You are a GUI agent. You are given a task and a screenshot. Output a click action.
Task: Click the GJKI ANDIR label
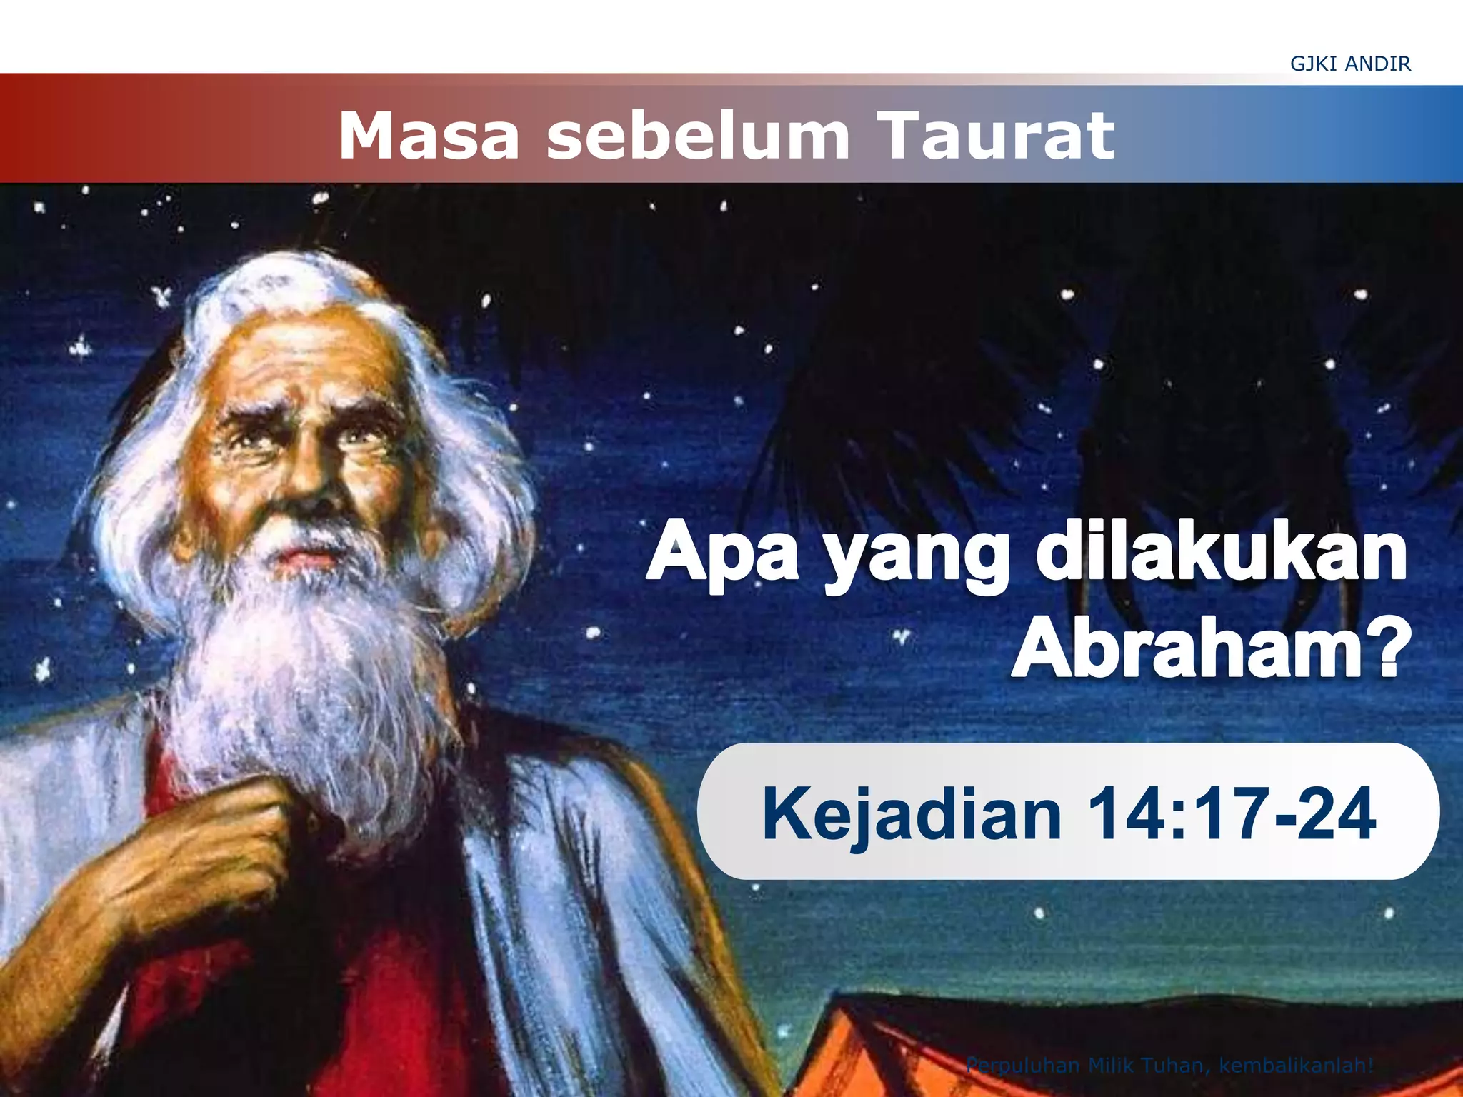tap(1350, 64)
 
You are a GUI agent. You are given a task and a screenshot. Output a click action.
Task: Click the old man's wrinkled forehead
tap(300, 364)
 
